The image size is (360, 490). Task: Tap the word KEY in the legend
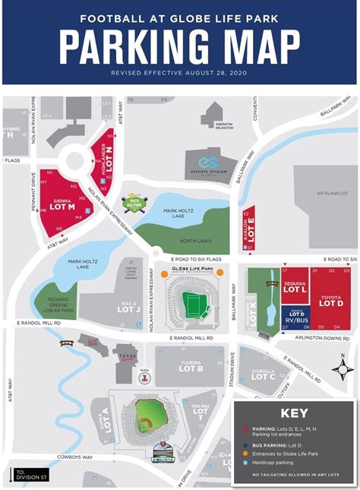point(294,415)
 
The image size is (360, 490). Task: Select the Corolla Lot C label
point(263,373)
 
